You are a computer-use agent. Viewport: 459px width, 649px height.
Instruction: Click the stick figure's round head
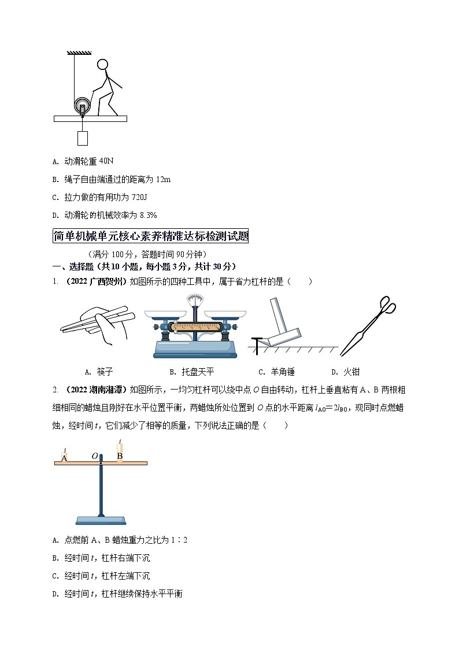click(x=103, y=65)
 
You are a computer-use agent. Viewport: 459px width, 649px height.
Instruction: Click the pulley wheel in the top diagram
click(x=82, y=107)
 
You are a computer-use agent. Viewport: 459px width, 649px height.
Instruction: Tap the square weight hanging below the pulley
click(x=82, y=138)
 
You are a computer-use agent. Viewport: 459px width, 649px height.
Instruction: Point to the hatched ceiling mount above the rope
click(x=79, y=53)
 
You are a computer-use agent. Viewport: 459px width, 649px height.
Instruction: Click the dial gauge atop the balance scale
click(x=195, y=302)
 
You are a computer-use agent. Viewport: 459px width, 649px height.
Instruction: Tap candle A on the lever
click(x=64, y=457)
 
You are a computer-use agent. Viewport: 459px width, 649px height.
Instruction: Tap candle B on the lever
click(x=120, y=453)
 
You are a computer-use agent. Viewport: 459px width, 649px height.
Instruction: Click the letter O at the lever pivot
click(x=94, y=456)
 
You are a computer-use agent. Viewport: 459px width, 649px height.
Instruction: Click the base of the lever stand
click(x=101, y=520)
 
